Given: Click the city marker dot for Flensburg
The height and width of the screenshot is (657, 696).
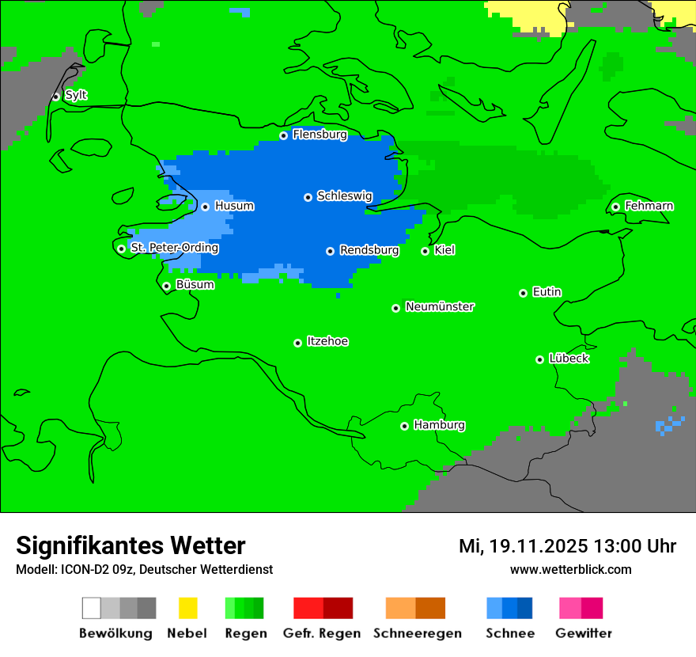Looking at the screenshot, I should pyautogui.click(x=284, y=135).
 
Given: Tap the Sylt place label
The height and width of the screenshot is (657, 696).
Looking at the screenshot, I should pyautogui.click(x=76, y=95).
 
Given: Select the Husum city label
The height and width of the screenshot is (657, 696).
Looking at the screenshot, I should pyautogui.click(x=234, y=206).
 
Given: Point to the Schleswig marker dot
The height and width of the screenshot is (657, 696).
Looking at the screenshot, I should pyautogui.click(x=308, y=197).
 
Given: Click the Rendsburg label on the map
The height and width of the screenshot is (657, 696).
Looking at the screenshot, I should pyautogui.click(x=369, y=250).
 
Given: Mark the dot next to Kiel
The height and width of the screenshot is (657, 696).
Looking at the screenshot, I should pyautogui.click(x=425, y=251).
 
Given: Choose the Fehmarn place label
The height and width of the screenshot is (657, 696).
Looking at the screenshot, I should pyautogui.click(x=649, y=206).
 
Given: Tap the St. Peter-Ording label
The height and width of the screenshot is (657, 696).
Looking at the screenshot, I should pyautogui.click(x=174, y=248).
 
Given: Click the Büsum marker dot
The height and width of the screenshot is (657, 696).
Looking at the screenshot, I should pyautogui.click(x=166, y=286).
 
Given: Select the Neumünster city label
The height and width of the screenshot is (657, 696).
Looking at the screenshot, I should pyautogui.click(x=440, y=306).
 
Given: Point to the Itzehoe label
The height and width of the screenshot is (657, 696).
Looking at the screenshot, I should pyautogui.click(x=327, y=341).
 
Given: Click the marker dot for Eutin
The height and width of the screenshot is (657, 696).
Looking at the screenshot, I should pyautogui.click(x=523, y=293).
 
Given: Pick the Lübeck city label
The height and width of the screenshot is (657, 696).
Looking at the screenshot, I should pyautogui.click(x=569, y=359).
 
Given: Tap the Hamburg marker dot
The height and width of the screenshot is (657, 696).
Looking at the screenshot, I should pyautogui.click(x=404, y=426).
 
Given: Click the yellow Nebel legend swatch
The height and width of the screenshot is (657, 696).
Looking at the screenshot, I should pyautogui.click(x=187, y=608).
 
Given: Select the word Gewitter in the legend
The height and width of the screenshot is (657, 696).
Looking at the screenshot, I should pyautogui.click(x=584, y=633).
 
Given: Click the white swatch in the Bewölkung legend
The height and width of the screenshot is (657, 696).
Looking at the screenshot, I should pyautogui.click(x=92, y=608).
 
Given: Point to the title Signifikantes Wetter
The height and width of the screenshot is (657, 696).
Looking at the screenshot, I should pyautogui.click(x=130, y=545).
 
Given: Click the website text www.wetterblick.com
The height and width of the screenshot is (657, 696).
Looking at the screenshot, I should pyautogui.click(x=570, y=569).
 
